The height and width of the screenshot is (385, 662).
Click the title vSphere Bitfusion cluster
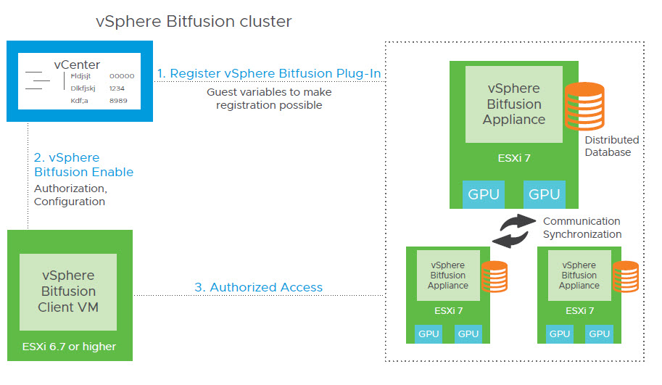coord(194,22)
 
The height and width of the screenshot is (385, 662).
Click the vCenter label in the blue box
coord(77,65)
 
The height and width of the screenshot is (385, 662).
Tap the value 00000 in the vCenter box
coord(122,75)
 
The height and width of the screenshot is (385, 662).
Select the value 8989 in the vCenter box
coord(118,100)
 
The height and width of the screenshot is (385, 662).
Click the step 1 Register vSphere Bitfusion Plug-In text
coord(269,73)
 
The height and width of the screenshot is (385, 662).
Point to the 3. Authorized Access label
coord(258,287)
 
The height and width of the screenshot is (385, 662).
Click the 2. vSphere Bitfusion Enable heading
coord(83,165)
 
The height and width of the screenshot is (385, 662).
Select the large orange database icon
coord(585,106)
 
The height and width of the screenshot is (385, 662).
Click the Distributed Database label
coord(612,146)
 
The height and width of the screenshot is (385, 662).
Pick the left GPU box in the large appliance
coord(482,194)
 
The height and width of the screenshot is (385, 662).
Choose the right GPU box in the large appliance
coord(544,194)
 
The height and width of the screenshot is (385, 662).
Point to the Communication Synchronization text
coord(582,228)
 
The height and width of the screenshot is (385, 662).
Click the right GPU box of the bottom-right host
coord(600,334)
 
